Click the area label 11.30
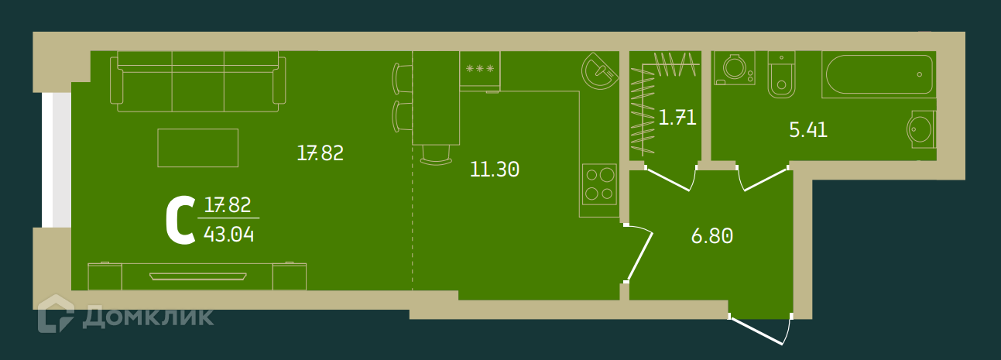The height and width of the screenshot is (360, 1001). click(495, 170)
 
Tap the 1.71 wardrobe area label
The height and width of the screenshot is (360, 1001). click(677, 118)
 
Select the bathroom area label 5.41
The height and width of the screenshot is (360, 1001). click(808, 130)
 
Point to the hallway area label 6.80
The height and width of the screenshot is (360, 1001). click(711, 236)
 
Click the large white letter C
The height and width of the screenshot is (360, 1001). click(180, 220)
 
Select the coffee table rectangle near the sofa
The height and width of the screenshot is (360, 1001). click(197, 147)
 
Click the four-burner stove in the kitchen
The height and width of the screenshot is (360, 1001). click(599, 184)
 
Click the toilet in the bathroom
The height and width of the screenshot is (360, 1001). click(781, 76)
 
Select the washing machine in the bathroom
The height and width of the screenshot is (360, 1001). click(732, 67)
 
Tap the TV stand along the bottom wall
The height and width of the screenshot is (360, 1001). click(197, 276)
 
